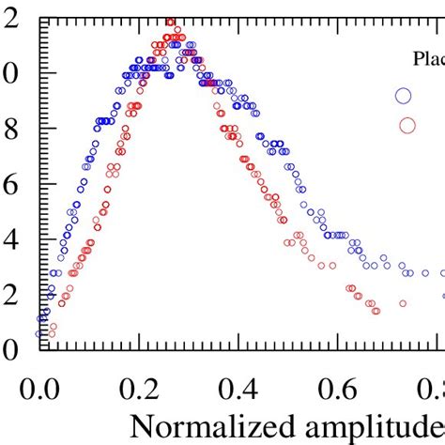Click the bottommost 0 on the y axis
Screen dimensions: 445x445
pos(10,349)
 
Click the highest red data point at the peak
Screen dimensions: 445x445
pos(170,22)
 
